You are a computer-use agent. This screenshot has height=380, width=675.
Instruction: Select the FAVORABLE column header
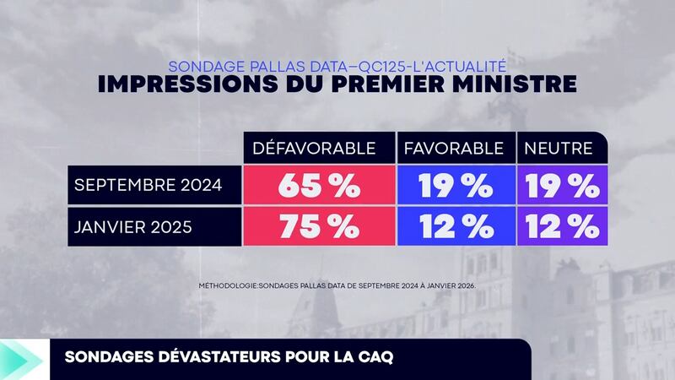click(454, 149)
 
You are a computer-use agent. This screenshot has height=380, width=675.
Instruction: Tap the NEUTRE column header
click(559, 149)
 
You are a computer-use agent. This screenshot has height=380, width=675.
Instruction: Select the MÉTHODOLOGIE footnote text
click(337, 285)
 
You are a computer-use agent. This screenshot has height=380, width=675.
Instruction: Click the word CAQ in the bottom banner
click(375, 358)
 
